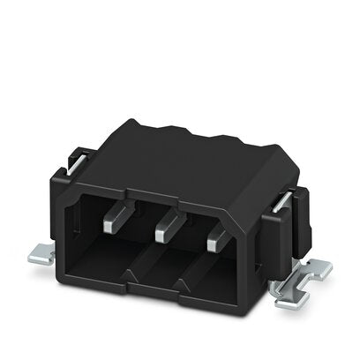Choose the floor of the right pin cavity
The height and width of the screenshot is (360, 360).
pyautogui.click(x=212, y=287)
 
